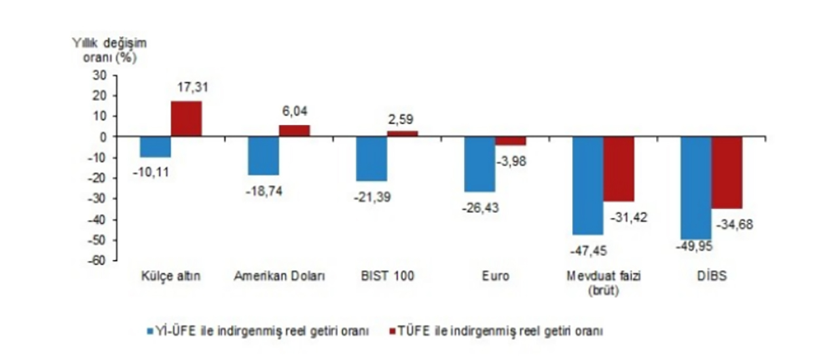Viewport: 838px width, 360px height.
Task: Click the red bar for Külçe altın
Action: click(187, 118)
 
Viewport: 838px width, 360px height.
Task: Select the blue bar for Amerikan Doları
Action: click(263, 156)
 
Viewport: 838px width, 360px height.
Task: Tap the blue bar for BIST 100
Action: click(371, 158)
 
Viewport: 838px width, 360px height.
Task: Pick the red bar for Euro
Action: click(510, 141)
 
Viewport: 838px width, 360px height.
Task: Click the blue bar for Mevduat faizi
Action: click(587, 185)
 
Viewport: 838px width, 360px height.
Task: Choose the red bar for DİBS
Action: click(727, 172)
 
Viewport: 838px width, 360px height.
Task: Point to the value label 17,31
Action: click(192, 86)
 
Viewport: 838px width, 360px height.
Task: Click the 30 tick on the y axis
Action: click(100, 75)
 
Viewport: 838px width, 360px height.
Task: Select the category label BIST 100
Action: click(386, 276)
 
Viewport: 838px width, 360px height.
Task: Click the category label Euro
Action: click(496, 276)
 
